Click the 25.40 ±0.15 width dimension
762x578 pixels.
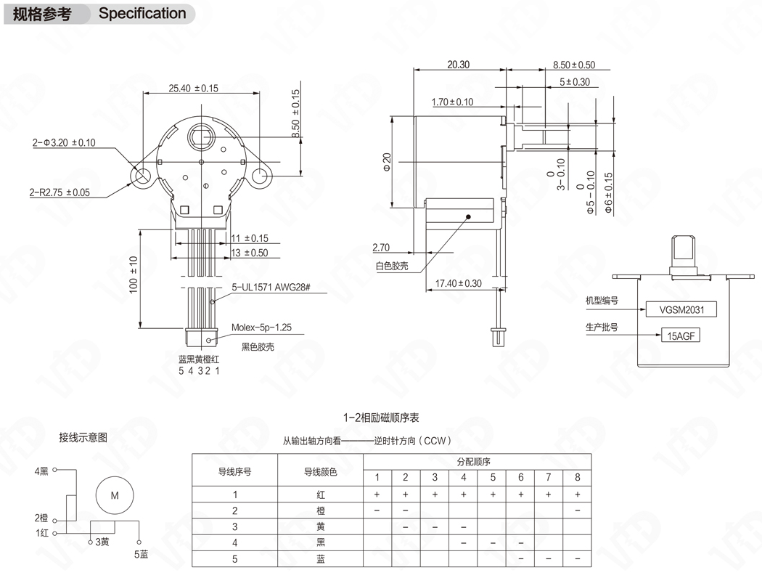pyautogui.click(x=193, y=89)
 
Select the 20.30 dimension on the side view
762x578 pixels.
pyautogui.click(x=458, y=65)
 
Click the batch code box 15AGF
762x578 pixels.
pyautogui.click(x=680, y=335)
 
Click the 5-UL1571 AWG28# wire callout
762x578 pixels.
pyautogui.click(x=271, y=288)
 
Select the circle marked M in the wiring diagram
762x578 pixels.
pyautogui.click(x=114, y=496)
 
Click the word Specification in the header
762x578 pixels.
pyautogui.click(x=142, y=13)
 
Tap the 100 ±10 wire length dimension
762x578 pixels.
pyautogui.click(x=134, y=274)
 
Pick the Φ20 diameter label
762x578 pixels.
pyautogui.click(x=387, y=161)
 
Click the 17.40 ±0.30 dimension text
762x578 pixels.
pyautogui.click(x=459, y=283)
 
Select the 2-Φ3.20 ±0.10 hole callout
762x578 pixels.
pyautogui.click(x=64, y=142)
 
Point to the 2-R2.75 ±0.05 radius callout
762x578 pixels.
pyautogui.click(x=60, y=192)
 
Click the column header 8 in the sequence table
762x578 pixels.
pyautogui.click(x=577, y=477)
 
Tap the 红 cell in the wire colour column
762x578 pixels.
pyautogui.click(x=320, y=494)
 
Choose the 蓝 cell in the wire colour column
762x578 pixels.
pyautogui.click(x=320, y=559)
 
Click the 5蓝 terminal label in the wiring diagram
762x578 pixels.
pyautogui.click(x=141, y=554)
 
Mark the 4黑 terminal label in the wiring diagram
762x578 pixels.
pyautogui.click(x=41, y=471)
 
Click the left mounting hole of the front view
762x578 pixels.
pyautogui.click(x=142, y=175)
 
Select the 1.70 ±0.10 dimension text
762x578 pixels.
pyautogui.click(x=451, y=102)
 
